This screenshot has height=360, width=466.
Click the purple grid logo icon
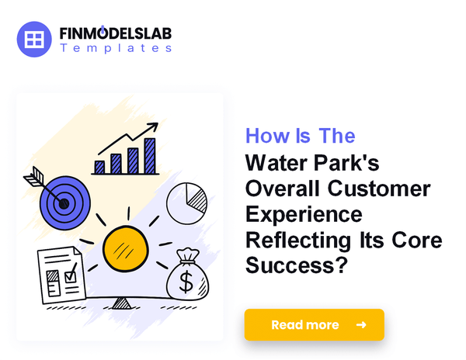[34, 40]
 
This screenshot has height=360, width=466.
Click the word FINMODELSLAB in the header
[116, 34]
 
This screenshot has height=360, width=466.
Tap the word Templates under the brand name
[116, 48]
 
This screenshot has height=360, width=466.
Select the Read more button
[314, 324]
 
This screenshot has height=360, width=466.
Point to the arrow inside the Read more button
[360, 324]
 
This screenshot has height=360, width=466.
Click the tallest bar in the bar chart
[149, 155]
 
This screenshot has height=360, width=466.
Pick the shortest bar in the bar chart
[99, 166]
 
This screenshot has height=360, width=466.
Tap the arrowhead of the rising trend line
[155, 126]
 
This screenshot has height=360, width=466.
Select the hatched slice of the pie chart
[195, 199]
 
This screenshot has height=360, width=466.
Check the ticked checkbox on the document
[70, 274]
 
